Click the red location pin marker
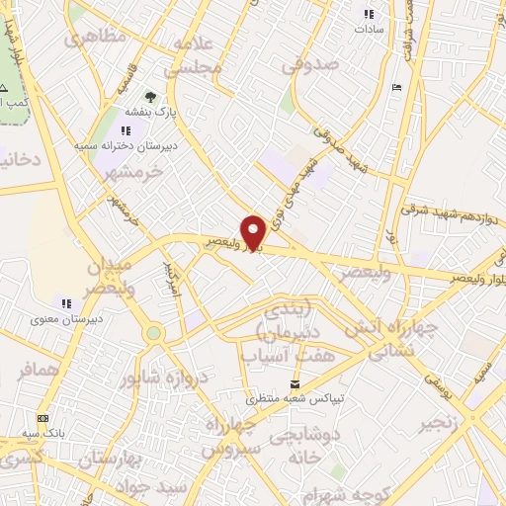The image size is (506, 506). coord(253,231)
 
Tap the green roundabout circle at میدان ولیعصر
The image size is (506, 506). coord(153,334)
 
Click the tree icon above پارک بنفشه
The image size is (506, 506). coord(150,97)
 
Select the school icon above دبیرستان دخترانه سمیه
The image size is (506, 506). coord(126,130)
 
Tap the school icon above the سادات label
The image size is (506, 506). coord(369,14)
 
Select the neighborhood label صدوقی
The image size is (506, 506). coord(310,65)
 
